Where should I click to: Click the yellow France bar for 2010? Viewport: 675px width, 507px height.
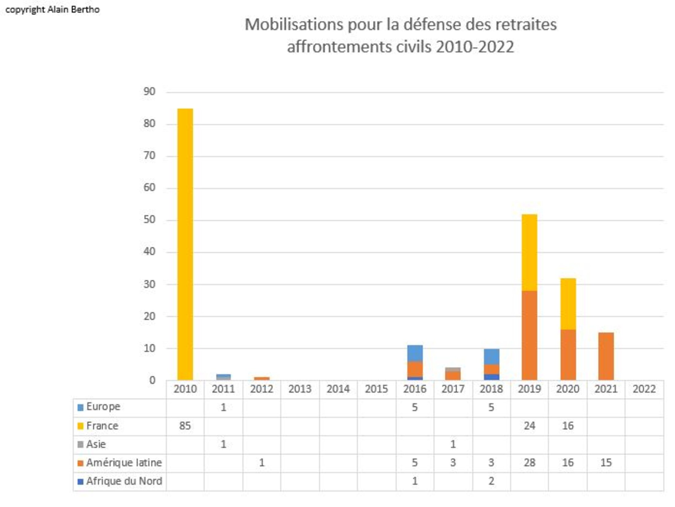[x=185, y=244]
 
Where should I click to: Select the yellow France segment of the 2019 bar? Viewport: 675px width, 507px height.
[x=529, y=252]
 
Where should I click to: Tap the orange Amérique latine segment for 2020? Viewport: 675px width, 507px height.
[x=568, y=355]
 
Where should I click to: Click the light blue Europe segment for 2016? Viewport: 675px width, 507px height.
[x=415, y=353]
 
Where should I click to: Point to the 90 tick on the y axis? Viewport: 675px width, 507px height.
[x=149, y=91]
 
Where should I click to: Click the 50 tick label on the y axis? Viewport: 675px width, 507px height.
[x=149, y=220]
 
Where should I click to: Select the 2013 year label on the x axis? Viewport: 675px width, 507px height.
[x=300, y=389]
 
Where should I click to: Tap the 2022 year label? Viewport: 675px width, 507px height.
[x=644, y=389]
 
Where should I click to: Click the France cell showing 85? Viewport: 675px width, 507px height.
[x=185, y=426]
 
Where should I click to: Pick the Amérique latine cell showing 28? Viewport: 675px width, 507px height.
[x=529, y=463]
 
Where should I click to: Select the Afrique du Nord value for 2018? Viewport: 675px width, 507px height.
[x=491, y=481]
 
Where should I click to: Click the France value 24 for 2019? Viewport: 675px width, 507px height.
[x=529, y=426]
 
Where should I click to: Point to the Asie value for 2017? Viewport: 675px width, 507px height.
[x=453, y=444]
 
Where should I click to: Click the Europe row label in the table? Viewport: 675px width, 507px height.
[x=103, y=407]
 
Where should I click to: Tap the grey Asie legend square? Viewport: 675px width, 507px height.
[x=80, y=444]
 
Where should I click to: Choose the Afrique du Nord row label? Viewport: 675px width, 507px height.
[x=124, y=481]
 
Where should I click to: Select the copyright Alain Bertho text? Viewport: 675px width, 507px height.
[x=52, y=10]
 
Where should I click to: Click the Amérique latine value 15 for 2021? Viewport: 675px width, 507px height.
[x=606, y=463]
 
